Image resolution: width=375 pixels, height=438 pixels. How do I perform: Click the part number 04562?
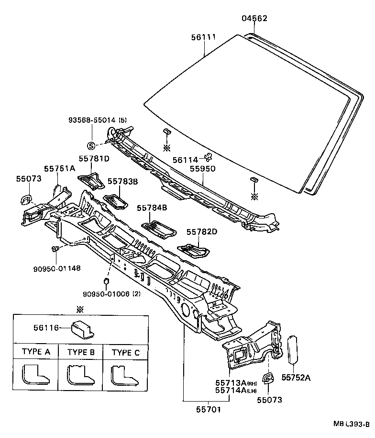(x=254, y=19)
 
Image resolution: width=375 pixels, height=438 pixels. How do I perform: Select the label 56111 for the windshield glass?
(x=204, y=37)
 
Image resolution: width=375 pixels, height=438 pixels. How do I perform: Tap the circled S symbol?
(x=91, y=146)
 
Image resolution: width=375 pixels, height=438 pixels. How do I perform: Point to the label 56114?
(x=185, y=160)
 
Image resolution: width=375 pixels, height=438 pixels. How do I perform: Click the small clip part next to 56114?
(x=208, y=157)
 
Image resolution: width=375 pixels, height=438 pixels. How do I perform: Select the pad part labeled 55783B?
(x=116, y=200)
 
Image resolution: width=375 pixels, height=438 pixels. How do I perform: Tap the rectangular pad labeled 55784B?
(x=156, y=228)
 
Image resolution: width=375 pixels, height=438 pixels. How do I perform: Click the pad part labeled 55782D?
(x=194, y=250)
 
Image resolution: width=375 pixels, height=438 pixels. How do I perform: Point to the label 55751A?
(x=60, y=168)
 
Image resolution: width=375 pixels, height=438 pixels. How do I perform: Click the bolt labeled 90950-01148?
(x=55, y=249)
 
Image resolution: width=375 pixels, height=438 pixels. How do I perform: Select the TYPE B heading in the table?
(x=81, y=352)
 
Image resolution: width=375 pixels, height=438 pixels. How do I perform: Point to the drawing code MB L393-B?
(x=351, y=424)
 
